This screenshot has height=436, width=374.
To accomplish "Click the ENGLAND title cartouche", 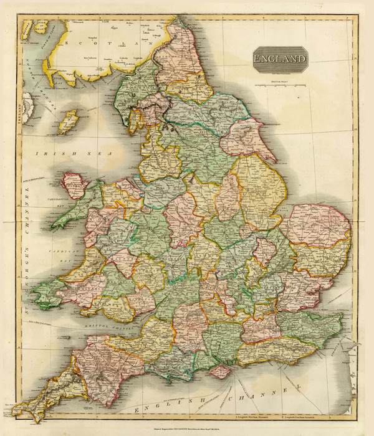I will [x=280, y=59].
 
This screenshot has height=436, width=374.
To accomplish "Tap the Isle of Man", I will [x=67, y=122].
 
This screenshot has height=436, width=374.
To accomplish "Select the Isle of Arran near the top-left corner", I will [x=34, y=28].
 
